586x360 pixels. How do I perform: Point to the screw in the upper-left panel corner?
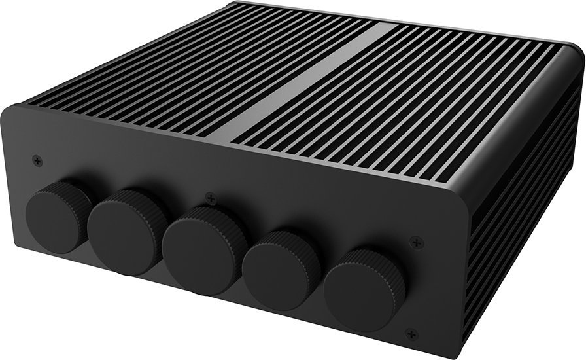click(x=37, y=160)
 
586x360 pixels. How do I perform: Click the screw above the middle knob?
click(x=210, y=197)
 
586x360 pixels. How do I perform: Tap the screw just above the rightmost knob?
click(x=417, y=243)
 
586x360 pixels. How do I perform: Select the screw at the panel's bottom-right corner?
click(x=411, y=334)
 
